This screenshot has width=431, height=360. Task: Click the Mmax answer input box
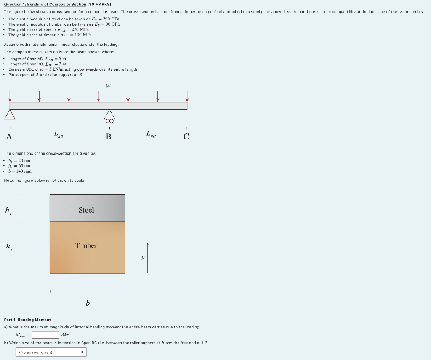pyautogui.click(x=45, y=335)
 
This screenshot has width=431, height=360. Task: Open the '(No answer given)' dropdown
pyautogui.click(x=51, y=352)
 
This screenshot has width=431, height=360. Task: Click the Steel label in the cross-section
pyautogui.click(x=86, y=210)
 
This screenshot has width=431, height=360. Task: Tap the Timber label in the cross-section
pyautogui.click(x=86, y=245)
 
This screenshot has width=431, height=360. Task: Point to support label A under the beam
pyautogui.click(x=9, y=136)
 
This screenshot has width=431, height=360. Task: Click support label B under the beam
pyautogui.click(x=109, y=136)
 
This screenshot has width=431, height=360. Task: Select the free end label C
pyautogui.click(x=186, y=136)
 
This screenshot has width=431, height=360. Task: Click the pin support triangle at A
pyautogui.click(x=10, y=115)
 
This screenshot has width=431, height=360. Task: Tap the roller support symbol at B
pyautogui.click(x=109, y=116)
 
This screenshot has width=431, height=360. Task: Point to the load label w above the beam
pyautogui.click(x=109, y=86)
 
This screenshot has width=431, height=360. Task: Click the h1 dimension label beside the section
pyautogui.click(x=8, y=210)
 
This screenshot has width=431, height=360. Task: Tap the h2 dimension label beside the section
pyautogui.click(x=8, y=246)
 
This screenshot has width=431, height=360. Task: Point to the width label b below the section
pyautogui.click(x=88, y=303)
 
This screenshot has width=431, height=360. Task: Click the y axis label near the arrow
pyautogui.click(x=143, y=257)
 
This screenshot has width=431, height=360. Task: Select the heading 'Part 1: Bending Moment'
pyautogui.click(x=27, y=320)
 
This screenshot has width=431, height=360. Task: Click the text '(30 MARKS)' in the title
pyautogui.click(x=99, y=4)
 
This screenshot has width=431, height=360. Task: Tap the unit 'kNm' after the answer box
pyautogui.click(x=65, y=335)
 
